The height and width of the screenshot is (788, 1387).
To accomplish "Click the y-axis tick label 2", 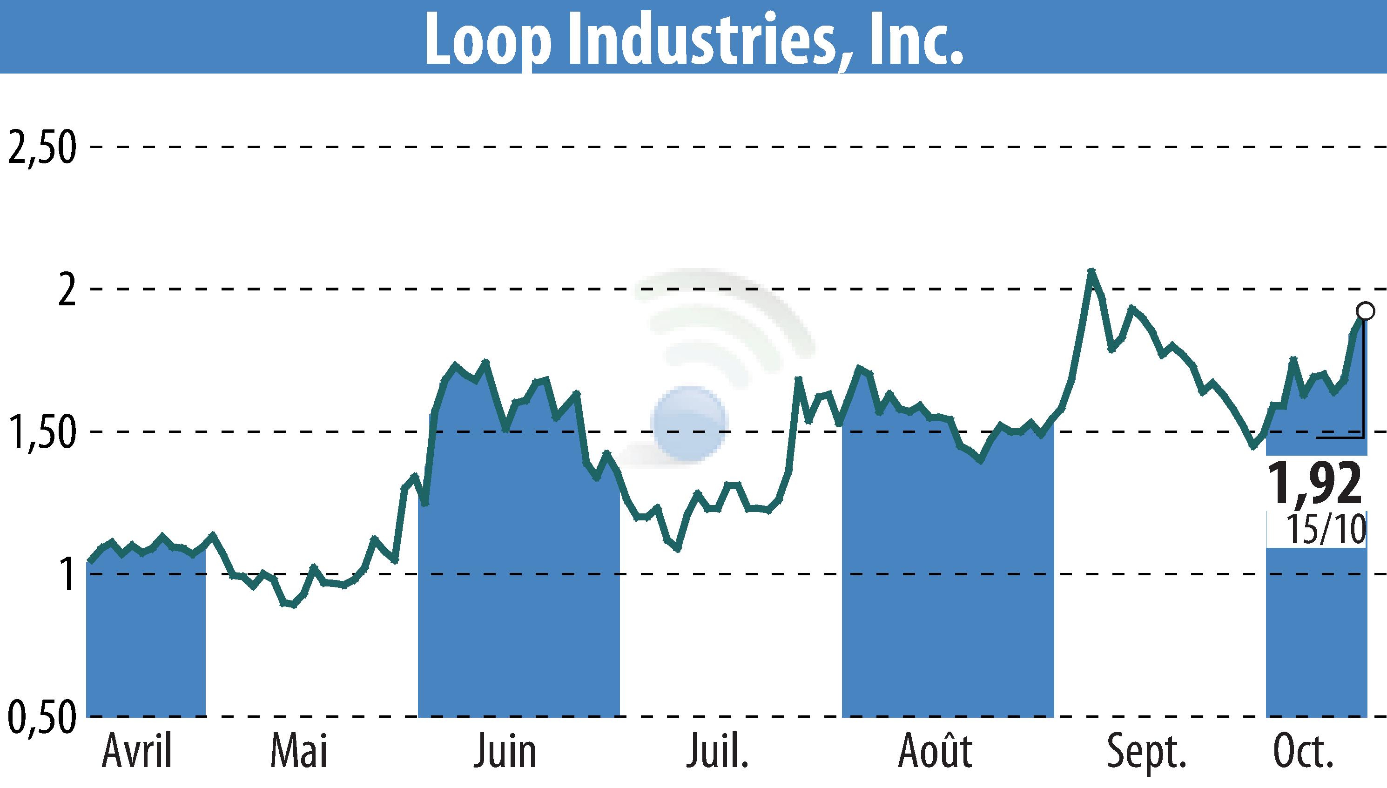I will [66, 290].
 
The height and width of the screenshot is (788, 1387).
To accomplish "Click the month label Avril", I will [137, 752].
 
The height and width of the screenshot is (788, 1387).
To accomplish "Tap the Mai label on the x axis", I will [299, 752].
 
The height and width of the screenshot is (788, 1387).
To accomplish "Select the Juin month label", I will [505, 752].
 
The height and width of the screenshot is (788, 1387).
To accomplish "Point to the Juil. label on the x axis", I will [717, 752].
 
